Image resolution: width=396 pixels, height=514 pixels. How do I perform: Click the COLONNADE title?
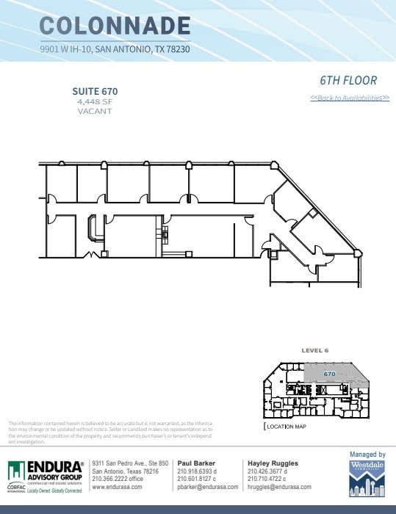click(115, 26)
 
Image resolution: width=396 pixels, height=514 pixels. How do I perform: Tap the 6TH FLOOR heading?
click(348, 81)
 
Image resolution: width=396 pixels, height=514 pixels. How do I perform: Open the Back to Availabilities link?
click(350, 98)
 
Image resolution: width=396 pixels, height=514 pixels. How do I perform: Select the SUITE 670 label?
click(95, 91)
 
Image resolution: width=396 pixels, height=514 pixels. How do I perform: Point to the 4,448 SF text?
click(95, 101)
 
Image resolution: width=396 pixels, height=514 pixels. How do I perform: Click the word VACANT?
click(95, 111)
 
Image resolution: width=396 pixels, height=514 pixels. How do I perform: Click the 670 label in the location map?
click(330, 374)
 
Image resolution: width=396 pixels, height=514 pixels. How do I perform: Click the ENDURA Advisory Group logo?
click(46, 474)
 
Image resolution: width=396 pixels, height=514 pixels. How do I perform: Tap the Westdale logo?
click(367, 479)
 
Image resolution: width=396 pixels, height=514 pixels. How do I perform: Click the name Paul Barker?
click(195, 463)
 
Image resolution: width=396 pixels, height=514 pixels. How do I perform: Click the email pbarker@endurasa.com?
click(208, 487)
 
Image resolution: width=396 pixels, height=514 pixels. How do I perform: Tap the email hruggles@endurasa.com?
click(279, 487)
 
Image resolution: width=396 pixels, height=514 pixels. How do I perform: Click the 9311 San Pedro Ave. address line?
click(131, 463)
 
